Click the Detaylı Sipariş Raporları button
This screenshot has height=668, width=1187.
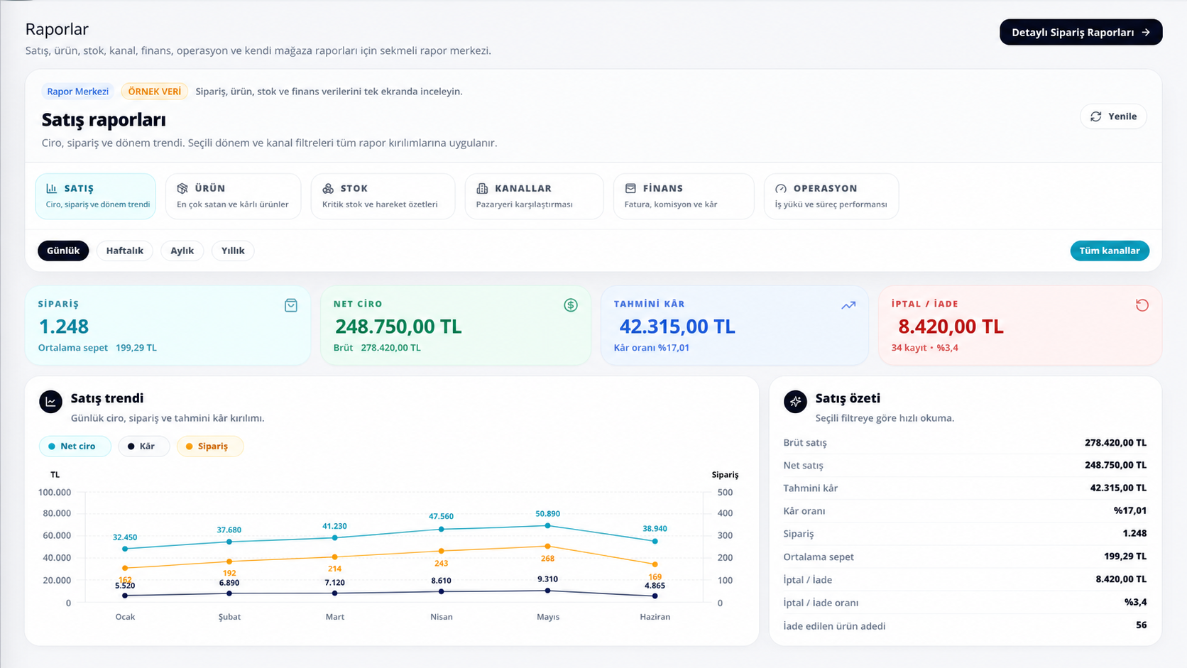(x=1081, y=33)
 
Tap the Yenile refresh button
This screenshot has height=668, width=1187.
(x=1113, y=116)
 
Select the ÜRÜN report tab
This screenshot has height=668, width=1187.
(x=233, y=196)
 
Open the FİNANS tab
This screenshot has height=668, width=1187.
(x=684, y=196)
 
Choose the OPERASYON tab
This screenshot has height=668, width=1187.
(x=831, y=196)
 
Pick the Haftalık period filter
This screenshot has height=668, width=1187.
(x=124, y=251)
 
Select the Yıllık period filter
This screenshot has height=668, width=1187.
(x=233, y=251)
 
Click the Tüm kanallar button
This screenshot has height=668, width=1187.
(x=1110, y=251)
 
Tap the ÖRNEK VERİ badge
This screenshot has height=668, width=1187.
(x=154, y=91)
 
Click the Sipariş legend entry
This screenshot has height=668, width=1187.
(x=210, y=446)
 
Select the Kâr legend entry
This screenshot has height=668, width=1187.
(x=143, y=446)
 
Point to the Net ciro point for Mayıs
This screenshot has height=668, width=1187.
(x=547, y=525)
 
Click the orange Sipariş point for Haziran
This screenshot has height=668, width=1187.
(x=655, y=564)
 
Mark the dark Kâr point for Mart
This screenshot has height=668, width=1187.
(x=334, y=593)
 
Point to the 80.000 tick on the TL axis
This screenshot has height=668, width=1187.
(x=54, y=513)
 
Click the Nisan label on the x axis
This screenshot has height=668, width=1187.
(x=442, y=617)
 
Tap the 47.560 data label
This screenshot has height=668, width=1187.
(x=441, y=516)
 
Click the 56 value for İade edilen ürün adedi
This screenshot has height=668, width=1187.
(x=1141, y=625)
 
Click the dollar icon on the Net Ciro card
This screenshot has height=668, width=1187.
(x=571, y=305)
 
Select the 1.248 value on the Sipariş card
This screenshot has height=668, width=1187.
(x=64, y=327)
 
